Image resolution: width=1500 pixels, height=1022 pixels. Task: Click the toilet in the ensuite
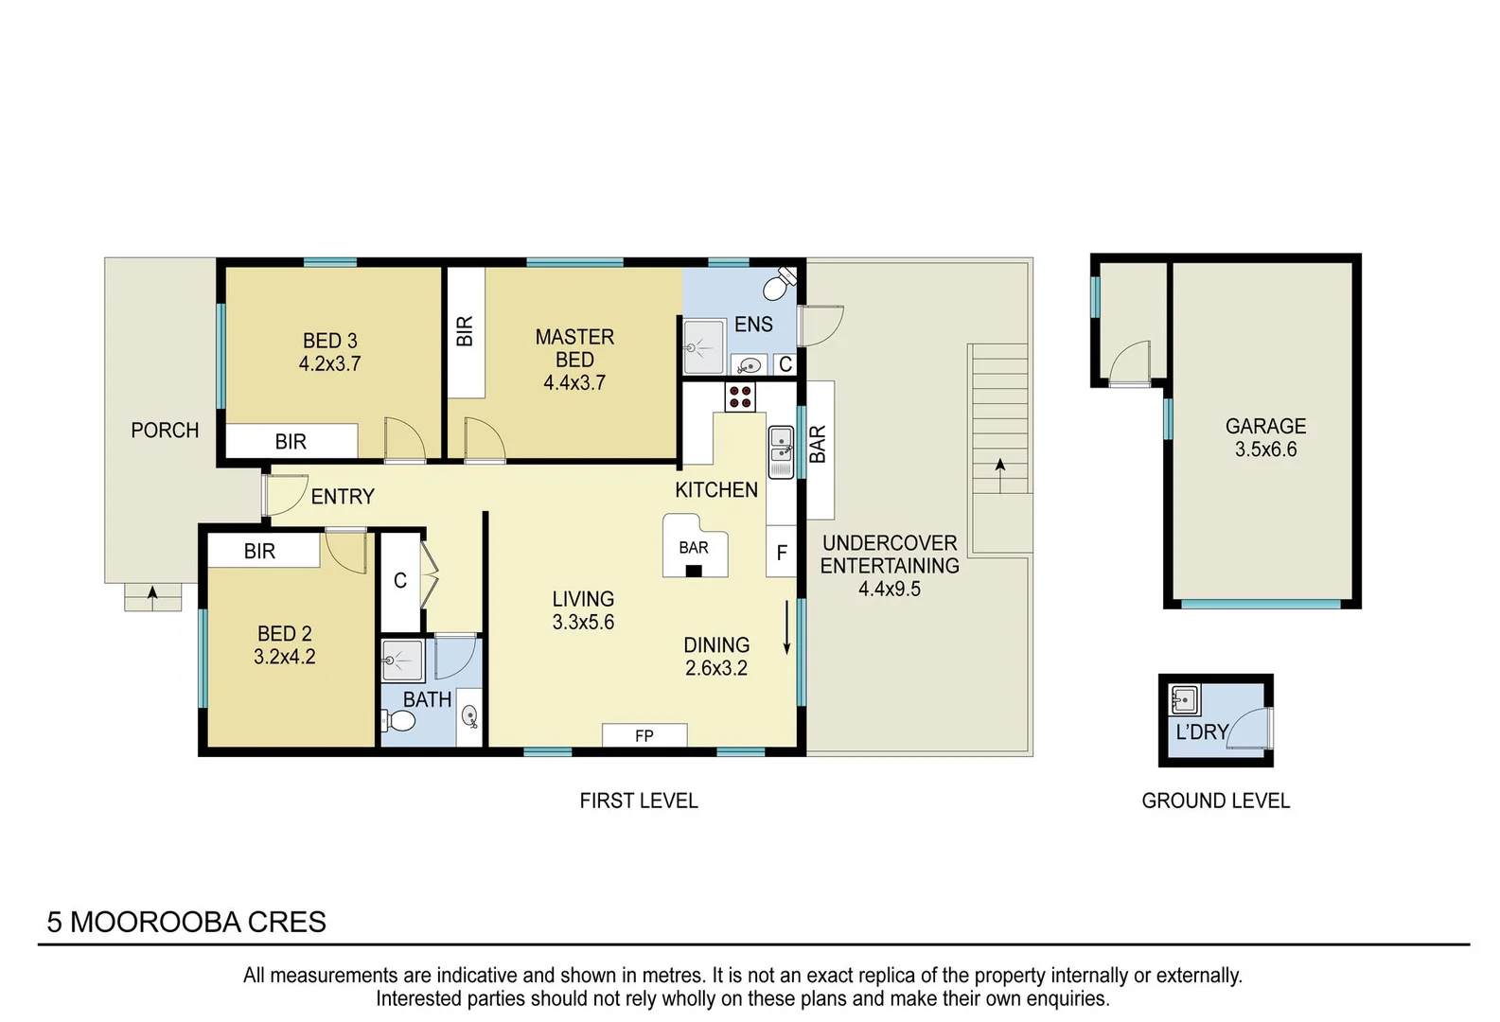[781, 282]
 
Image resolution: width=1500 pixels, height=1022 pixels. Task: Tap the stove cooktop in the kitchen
[740, 396]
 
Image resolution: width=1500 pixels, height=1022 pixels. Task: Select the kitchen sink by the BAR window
[781, 452]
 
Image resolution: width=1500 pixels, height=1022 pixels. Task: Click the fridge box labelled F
[782, 553]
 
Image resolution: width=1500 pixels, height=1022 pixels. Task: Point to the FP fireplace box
[644, 735]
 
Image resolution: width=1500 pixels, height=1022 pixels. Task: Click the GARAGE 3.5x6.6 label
[1265, 438]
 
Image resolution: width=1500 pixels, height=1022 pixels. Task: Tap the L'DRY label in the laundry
[1201, 731]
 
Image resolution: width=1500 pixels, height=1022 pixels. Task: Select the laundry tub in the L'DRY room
[1184, 701]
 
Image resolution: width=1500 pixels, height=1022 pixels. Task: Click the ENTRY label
[343, 497]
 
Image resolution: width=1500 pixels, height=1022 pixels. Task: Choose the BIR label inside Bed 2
[259, 551]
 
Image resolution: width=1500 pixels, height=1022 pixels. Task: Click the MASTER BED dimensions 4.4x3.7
[574, 383]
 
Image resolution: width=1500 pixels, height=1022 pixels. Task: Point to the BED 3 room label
[329, 341]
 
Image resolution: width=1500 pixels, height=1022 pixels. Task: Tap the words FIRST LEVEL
[639, 801]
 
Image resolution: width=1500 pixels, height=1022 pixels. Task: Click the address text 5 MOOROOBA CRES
[186, 922]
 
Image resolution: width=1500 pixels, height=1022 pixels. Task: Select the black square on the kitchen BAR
[694, 571]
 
